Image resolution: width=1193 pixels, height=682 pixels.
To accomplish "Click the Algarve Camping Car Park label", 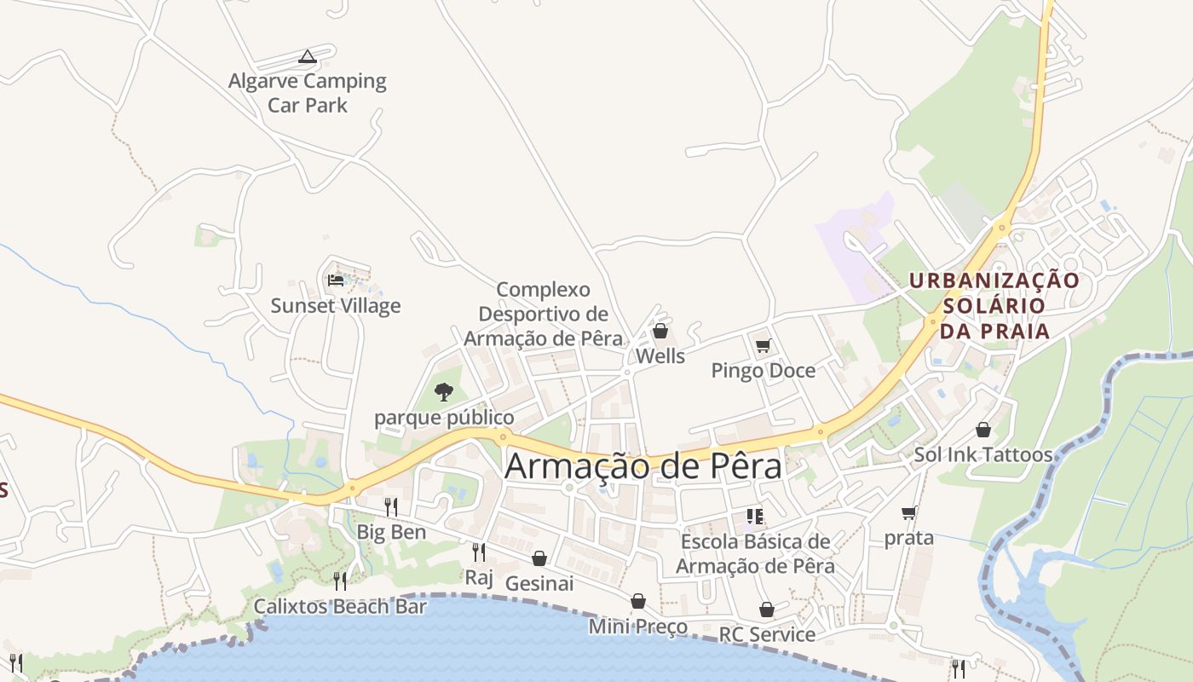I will click(307, 93).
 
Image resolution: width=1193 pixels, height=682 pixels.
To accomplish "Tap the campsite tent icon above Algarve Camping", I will click(308, 57).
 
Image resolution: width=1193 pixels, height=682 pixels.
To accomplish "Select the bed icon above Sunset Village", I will click(336, 279).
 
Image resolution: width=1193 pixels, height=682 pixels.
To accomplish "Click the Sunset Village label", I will click(336, 305).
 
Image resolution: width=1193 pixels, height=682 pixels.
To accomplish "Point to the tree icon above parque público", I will click(443, 392).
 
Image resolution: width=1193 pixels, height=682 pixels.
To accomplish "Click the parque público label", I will click(444, 418).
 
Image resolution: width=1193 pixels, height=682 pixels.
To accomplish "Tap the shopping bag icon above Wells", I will click(660, 331).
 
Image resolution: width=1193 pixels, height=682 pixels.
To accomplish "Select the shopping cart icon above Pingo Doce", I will click(763, 345).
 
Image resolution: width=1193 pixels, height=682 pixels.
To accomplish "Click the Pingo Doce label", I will click(763, 371).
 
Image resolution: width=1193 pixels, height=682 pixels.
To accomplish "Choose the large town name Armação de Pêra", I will click(643, 466).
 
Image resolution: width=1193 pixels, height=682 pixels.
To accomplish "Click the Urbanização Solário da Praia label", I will click(994, 304).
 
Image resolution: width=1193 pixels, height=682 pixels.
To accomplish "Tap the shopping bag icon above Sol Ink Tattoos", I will click(983, 430).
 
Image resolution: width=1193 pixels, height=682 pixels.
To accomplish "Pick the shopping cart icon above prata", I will click(908, 512).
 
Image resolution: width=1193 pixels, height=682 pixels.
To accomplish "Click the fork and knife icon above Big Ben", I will click(390, 507).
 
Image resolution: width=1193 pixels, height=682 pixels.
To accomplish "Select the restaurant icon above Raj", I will click(479, 552).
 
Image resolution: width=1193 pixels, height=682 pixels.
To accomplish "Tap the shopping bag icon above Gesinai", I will click(539, 558).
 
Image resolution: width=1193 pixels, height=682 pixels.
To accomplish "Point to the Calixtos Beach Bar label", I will click(340, 606).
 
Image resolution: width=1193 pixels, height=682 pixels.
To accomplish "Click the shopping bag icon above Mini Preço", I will click(637, 601).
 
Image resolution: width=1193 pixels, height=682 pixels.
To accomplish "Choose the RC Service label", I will click(767, 634).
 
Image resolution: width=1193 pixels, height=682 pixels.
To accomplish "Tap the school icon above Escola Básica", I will click(754, 516).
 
